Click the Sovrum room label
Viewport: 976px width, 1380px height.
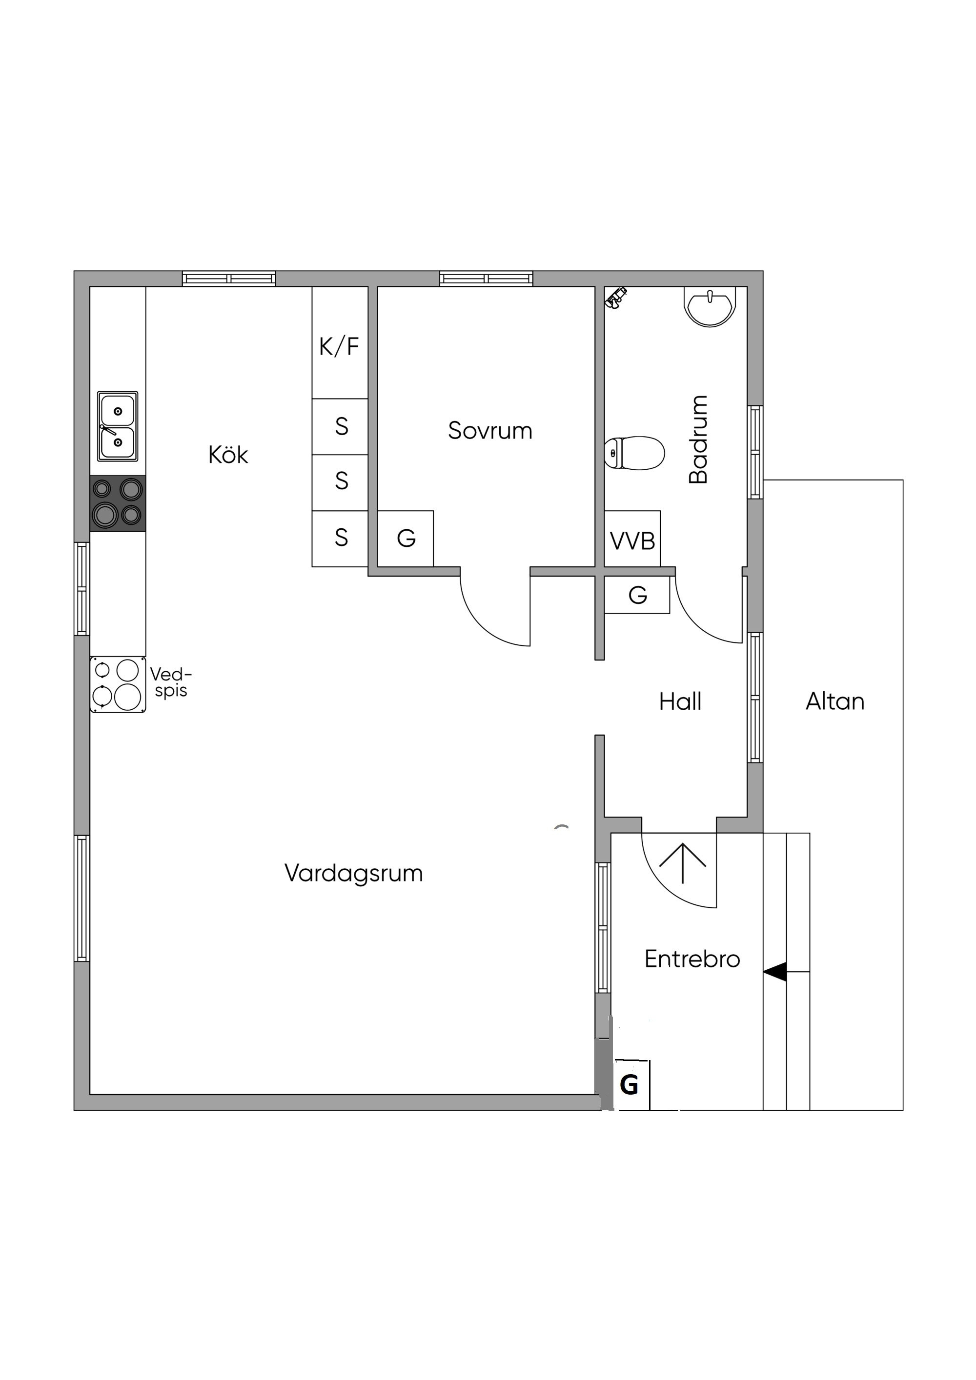(x=490, y=431)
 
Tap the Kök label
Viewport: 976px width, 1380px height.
(x=228, y=455)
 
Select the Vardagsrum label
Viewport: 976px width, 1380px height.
(x=354, y=873)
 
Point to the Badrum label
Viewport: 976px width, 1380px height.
(x=698, y=440)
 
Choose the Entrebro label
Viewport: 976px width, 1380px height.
(x=692, y=959)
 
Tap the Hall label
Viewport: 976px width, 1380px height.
(x=680, y=701)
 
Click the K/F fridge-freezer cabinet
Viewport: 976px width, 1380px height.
(x=340, y=342)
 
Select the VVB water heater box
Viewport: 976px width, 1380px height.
(x=632, y=539)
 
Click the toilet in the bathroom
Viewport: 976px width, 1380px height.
(x=634, y=453)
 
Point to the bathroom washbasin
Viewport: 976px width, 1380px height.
(x=710, y=306)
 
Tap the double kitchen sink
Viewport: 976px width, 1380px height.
(x=118, y=427)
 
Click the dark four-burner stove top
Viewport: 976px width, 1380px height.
(x=118, y=503)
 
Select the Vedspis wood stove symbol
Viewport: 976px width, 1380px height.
(x=118, y=684)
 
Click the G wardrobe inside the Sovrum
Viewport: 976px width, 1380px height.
(x=406, y=539)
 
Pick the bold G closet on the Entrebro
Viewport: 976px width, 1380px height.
(x=631, y=1085)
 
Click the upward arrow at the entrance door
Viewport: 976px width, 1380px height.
(x=683, y=863)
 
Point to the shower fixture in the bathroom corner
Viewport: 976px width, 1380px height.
(x=615, y=298)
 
